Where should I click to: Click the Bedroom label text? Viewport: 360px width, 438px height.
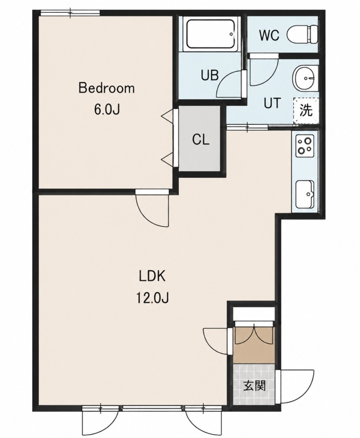[x=107, y=88]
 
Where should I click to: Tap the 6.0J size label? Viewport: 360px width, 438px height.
[x=107, y=110]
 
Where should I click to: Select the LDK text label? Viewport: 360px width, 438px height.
[x=153, y=276]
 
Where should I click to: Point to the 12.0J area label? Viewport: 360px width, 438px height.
[x=153, y=298]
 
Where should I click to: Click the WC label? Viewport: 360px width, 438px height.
[x=269, y=36]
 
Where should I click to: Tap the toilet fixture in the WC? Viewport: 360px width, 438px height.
[x=304, y=34]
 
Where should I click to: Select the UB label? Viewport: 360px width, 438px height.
[x=210, y=75]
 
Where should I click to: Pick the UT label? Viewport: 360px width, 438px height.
[x=272, y=103]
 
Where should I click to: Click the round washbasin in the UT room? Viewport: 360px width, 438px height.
[x=305, y=78]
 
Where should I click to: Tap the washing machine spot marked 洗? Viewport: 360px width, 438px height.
[x=306, y=111]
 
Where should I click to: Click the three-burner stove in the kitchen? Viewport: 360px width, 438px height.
[x=305, y=146]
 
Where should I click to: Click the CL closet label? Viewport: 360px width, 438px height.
[x=201, y=140]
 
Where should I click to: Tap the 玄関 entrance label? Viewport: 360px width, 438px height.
[x=254, y=386]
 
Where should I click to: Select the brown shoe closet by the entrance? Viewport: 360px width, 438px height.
[x=254, y=345]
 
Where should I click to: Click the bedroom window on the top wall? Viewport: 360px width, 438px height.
[x=70, y=13]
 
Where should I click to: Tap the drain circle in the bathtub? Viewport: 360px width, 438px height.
[x=231, y=34]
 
